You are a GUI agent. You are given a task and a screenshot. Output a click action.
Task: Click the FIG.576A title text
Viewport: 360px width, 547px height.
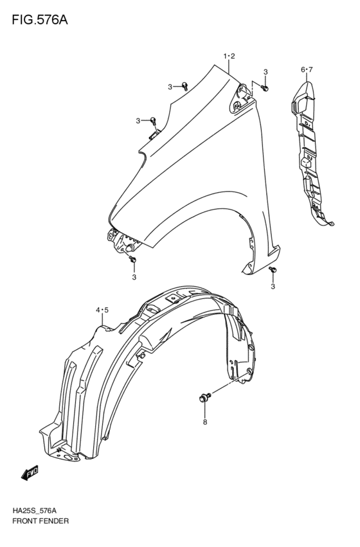point(40,20)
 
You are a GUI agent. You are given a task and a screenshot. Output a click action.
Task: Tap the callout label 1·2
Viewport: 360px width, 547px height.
point(230,56)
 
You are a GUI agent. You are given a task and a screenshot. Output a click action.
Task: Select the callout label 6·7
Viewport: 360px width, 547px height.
point(307,70)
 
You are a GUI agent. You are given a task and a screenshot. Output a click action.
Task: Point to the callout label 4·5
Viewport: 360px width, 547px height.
point(103,309)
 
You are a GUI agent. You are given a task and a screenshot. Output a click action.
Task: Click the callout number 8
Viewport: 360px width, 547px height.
point(205,422)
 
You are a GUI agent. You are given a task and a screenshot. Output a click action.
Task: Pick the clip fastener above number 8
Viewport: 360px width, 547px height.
point(205,398)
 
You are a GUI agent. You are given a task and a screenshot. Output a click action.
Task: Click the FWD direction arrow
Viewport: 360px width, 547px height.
point(30,472)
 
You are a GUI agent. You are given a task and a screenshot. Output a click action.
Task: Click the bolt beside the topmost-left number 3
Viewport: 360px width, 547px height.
point(185,86)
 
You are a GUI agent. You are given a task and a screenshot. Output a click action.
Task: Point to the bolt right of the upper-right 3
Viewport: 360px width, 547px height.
point(265,88)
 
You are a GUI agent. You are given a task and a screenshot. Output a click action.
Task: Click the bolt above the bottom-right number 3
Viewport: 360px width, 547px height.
point(273,270)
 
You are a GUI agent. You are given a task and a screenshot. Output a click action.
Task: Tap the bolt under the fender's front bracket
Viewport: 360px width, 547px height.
point(132,259)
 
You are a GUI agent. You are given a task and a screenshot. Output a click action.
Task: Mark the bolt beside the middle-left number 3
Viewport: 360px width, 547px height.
point(153,120)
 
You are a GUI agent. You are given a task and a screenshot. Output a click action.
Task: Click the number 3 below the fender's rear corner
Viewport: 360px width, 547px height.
point(273,287)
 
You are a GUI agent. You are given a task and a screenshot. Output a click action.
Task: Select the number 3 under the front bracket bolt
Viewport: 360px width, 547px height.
point(134,277)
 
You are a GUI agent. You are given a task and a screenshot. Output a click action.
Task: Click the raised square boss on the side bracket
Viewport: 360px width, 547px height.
point(305,162)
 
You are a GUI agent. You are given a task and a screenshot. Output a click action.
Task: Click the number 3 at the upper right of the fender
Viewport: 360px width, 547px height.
point(265,72)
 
